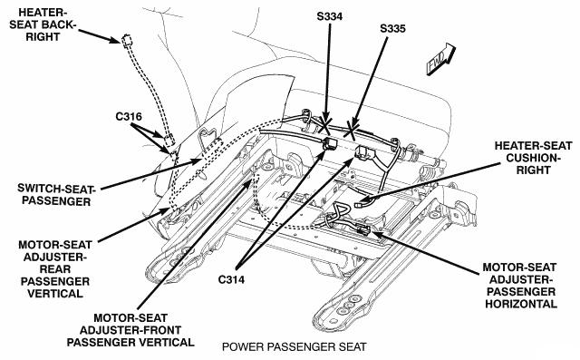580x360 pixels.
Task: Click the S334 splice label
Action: pyautogui.click(x=330, y=16)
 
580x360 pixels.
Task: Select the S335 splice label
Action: pyautogui.click(x=392, y=28)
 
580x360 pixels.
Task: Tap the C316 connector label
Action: pyautogui.click(x=129, y=117)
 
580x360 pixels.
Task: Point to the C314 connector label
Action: pyautogui.click(x=231, y=279)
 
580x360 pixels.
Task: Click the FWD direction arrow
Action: pyautogui.click(x=441, y=59)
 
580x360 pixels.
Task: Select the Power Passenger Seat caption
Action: pyautogui.click(x=294, y=347)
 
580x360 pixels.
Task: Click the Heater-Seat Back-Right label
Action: pyautogui.click(x=43, y=24)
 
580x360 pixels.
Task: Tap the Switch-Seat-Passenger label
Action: pyautogui.click(x=56, y=195)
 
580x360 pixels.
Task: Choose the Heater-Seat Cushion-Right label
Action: pyautogui.click(x=533, y=158)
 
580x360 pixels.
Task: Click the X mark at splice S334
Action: pyautogui.click(x=325, y=126)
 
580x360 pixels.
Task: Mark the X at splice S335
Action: pyautogui.click(x=352, y=131)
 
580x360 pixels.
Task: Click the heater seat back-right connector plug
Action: pyautogui.click(x=127, y=40)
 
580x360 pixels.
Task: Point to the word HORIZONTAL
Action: pyautogui.click(x=521, y=304)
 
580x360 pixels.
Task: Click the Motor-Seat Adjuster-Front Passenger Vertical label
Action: pyautogui.click(x=130, y=330)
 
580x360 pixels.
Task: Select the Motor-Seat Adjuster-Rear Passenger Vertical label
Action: pyautogui.click(x=55, y=269)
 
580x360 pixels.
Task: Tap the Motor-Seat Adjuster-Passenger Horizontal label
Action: pyautogui.click(x=519, y=286)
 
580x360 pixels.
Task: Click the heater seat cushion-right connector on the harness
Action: pyautogui.click(x=360, y=204)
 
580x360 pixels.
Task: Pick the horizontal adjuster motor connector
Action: pyautogui.click(x=363, y=229)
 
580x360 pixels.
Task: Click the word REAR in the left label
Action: pyautogui.click(x=55, y=269)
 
